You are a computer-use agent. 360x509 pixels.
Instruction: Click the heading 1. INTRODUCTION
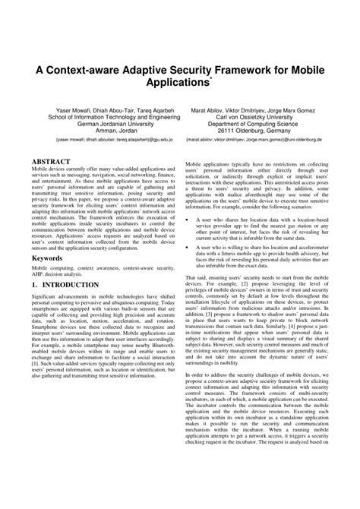pyautogui.click(x=65, y=285)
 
